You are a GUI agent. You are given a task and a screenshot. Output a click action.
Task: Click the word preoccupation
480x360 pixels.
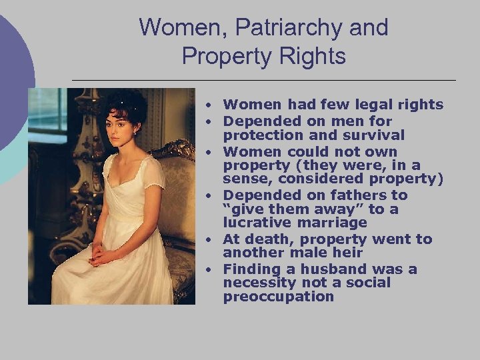click(x=278, y=297)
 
